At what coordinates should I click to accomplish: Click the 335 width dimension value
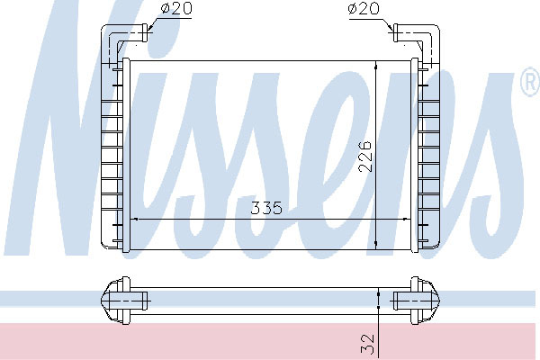click(266, 208)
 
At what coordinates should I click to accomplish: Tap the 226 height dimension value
click(365, 156)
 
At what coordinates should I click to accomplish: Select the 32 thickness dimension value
click(367, 344)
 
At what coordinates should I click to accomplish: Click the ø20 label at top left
click(176, 8)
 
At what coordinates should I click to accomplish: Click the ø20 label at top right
click(364, 8)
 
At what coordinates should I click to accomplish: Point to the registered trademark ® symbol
click(530, 82)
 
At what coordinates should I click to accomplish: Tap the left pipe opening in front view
click(145, 33)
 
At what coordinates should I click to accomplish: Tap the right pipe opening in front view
click(396, 33)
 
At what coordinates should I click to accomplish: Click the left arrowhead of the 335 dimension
click(135, 219)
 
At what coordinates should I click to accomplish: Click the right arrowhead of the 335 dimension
click(406, 219)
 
